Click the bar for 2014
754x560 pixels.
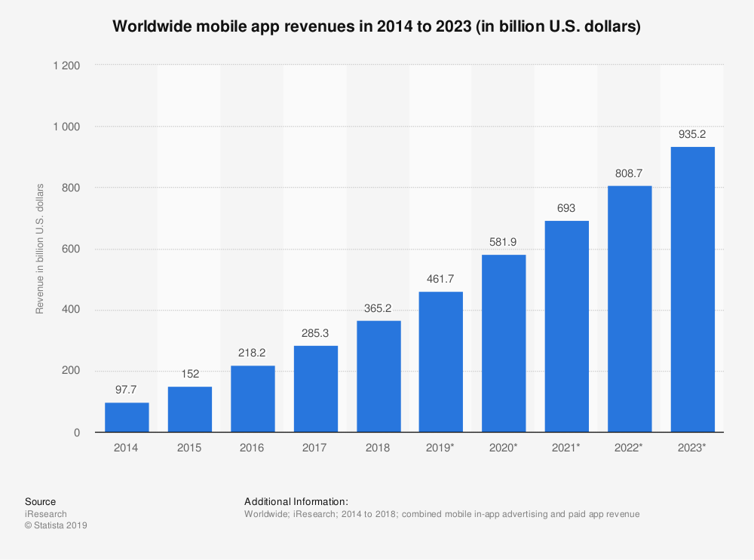[127, 418]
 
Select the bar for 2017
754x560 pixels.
[315, 389]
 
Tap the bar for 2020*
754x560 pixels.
[504, 344]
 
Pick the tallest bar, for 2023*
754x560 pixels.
[692, 289]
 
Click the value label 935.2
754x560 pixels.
[692, 135]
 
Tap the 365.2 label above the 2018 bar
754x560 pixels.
[378, 309]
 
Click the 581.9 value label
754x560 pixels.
[504, 243]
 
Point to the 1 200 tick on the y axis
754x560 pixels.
[66, 66]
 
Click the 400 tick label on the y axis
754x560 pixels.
[72, 310]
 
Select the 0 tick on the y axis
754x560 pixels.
[78, 433]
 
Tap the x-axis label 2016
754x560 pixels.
[253, 448]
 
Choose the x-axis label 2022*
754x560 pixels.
[630, 448]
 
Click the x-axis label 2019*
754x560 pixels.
[441, 448]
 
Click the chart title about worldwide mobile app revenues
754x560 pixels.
[376, 26]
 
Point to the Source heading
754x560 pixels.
[40, 501]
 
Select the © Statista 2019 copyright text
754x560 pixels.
[56, 526]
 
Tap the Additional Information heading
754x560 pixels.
[296, 501]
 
